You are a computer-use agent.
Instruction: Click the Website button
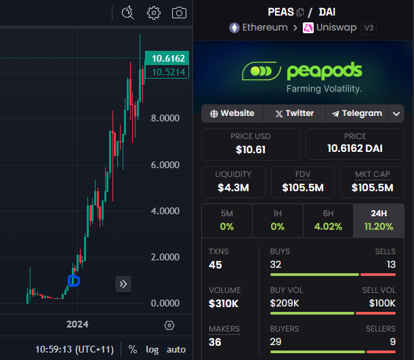tap(232, 113)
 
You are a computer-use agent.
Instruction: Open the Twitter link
tap(294, 113)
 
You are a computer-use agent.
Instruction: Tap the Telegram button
tap(357, 113)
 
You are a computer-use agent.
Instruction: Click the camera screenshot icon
tap(179, 12)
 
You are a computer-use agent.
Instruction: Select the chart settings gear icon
tap(154, 12)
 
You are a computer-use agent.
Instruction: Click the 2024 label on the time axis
tap(77, 324)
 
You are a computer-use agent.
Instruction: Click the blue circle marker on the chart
tap(74, 280)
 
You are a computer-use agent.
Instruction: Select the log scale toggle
tap(152, 349)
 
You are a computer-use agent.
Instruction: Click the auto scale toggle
tap(176, 349)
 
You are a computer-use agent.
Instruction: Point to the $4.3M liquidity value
tap(233, 186)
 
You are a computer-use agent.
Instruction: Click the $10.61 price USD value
tap(251, 148)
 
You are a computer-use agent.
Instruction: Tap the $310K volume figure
tap(224, 303)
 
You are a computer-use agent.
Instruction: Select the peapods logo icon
tap(262, 71)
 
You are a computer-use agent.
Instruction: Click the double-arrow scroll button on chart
tap(123, 284)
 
